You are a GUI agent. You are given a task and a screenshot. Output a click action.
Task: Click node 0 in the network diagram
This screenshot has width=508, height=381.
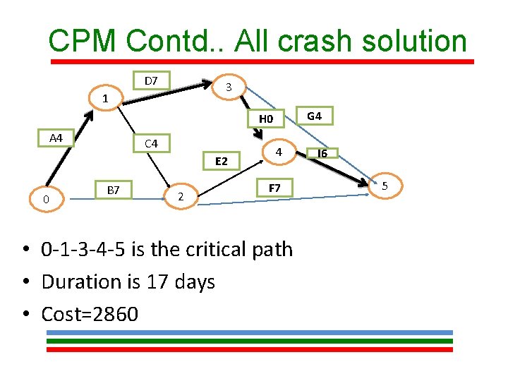(46, 200)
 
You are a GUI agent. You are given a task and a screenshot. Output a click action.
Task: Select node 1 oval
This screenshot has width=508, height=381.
(104, 98)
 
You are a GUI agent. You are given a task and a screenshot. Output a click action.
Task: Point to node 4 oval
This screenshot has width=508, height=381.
(279, 152)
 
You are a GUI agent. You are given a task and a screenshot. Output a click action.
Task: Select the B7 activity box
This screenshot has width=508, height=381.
(112, 189)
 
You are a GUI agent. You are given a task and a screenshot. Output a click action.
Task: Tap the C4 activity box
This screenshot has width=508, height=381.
(151, 144)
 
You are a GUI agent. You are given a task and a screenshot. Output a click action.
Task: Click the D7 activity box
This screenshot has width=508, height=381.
(151, 80)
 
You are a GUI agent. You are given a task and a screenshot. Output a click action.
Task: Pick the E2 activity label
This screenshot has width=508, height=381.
(221, 162)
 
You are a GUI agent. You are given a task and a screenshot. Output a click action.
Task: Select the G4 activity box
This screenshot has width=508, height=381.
(315, 115)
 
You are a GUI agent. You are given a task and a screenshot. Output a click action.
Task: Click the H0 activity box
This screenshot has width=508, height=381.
(265, 119)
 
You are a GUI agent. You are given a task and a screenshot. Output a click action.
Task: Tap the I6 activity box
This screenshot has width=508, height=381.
(322, 153)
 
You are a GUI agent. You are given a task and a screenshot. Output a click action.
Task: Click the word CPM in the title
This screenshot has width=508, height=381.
(83, 41)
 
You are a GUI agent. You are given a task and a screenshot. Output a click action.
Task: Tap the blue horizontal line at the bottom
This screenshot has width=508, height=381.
(249, 332)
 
